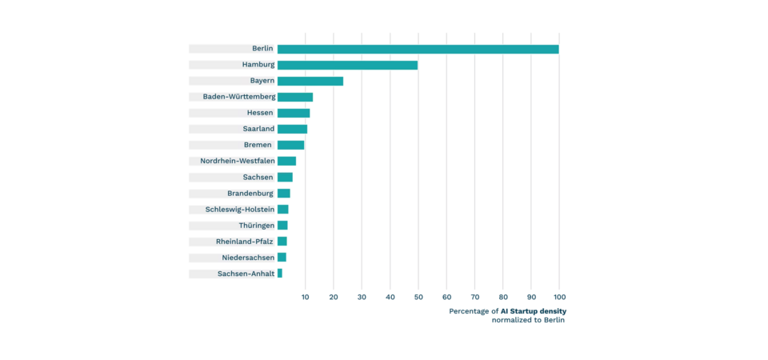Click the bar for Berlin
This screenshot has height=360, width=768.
(x=418, y=49)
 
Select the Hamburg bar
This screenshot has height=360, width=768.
(x=347, y=65)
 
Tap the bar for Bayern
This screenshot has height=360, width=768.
(x=310, y=81)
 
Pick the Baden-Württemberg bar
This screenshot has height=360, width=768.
(x=295, y=97)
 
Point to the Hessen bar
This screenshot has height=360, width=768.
(x=294, y=113)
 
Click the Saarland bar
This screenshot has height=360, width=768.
(x=292, y=129)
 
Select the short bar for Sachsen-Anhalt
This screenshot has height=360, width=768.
(x=280, y=274)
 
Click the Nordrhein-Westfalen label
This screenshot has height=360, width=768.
(x=237, y=161)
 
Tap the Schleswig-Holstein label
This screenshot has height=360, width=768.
(x=239, y=210)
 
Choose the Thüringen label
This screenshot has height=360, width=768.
(x=256, y=226)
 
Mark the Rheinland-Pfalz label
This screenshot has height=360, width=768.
(x=244, y=242)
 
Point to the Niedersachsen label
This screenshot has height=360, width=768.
(x=248, y=258)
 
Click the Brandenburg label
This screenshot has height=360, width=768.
(x=250, y=194)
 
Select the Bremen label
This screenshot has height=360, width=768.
(x=258, y=145)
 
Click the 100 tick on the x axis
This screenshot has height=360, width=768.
(x=558, y=297)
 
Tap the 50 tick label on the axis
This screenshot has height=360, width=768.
(x=418, y=297)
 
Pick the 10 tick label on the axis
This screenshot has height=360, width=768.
(x=306, y=297)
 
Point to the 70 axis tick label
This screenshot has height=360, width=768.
(x=474, y=297)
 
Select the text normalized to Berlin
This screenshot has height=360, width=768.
(x=528, y=320)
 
